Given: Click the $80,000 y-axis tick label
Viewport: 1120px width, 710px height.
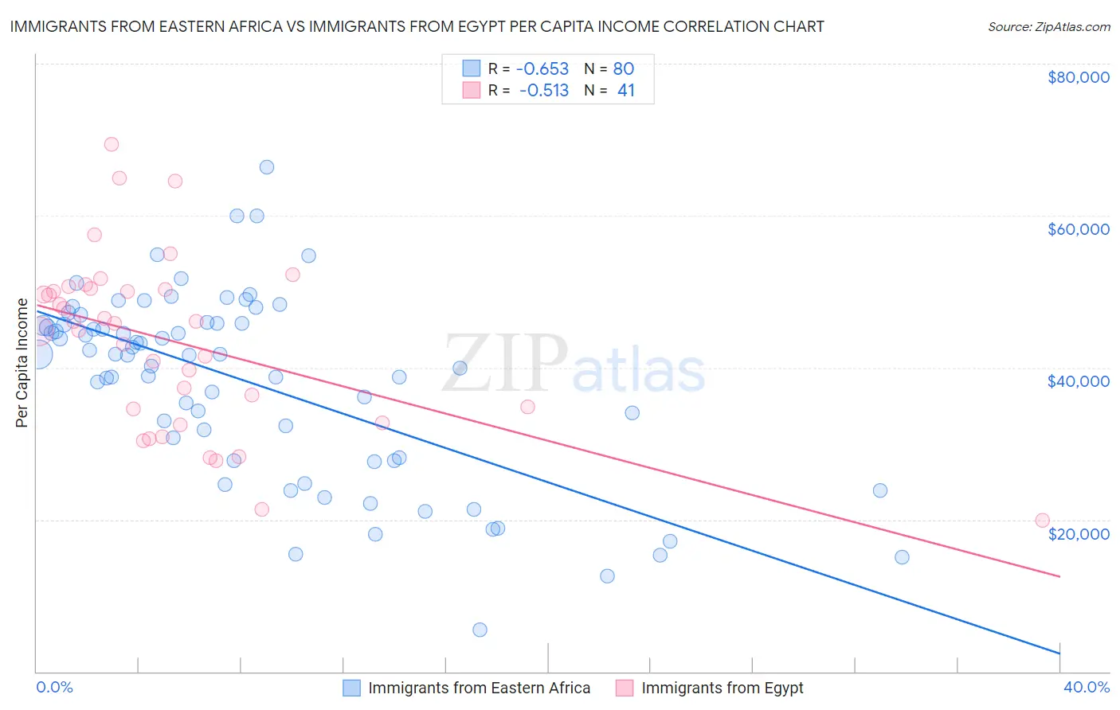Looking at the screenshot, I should coord(1078,77).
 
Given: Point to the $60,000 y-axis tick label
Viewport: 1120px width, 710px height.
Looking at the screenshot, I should coord(1078,229).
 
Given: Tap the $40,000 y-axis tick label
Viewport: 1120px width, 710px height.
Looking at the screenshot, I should coord(1078,381).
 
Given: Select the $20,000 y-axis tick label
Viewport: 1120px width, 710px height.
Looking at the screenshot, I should coord(1078,533).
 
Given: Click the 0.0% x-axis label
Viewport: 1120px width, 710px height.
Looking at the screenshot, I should coord(54,687).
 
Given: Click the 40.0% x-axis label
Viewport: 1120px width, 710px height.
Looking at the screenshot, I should coord(1086,687).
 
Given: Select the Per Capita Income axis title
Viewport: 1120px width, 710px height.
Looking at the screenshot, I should coord(22,362).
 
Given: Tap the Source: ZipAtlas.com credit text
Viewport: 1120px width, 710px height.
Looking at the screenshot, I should coord(1048,26).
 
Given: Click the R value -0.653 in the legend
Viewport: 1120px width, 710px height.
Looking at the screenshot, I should coord(542,68).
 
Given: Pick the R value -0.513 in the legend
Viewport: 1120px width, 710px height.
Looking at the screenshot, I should coord(544,91).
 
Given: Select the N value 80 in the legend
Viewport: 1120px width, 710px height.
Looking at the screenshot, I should coord(624,68).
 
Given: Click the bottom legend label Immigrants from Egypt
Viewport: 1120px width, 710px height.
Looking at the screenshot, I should coord(722,688).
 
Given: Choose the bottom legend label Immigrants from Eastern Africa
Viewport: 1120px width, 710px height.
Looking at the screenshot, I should coord(479,688).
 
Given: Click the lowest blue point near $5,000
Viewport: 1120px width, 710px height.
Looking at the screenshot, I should coord(480,630).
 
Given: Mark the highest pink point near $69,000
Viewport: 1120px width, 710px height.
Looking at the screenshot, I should coord(112,144).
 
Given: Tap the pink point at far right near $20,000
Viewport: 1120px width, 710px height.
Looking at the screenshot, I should coord(1042,521).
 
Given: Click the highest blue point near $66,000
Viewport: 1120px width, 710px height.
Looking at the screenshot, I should coord(267,167).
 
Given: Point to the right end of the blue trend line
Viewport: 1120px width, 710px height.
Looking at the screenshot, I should coord(1059,653).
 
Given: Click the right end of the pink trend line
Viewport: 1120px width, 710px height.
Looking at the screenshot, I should coord(1059,576).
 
